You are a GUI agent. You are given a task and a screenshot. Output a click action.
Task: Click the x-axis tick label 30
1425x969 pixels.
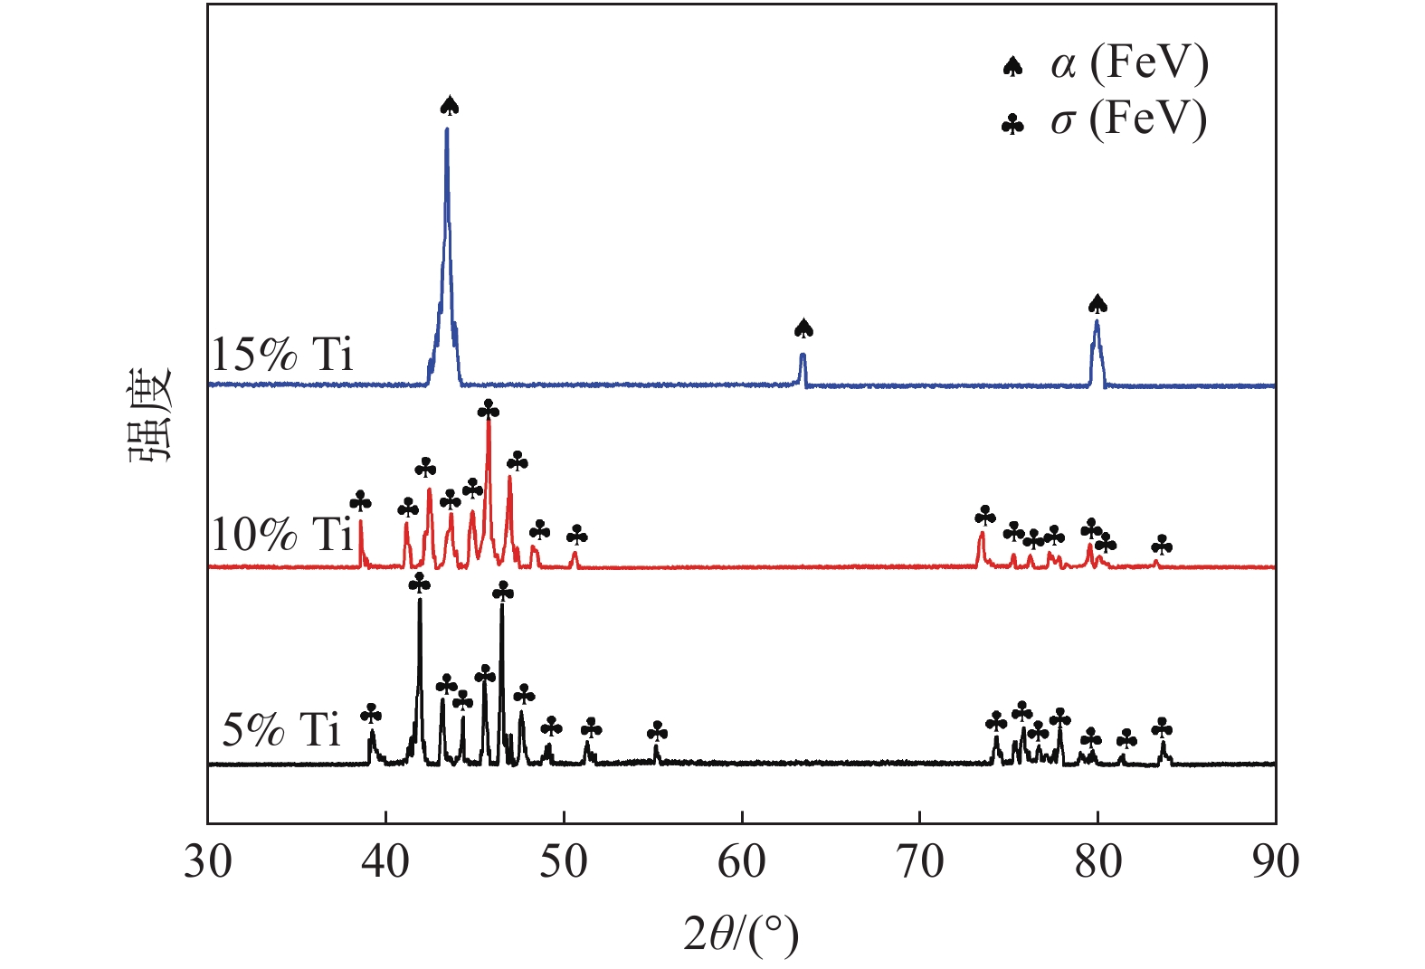click(208, 862)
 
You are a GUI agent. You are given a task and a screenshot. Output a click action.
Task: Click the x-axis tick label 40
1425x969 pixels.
click(386, 862)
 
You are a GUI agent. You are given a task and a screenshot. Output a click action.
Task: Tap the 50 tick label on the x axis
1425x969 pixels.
click(564, 862)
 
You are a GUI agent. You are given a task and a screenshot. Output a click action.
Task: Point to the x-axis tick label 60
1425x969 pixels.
click(742, 862)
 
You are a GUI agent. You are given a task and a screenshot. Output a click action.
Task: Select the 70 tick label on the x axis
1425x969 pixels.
click(919, 862)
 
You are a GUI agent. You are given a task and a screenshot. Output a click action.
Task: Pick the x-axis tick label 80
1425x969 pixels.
click(1097, 862)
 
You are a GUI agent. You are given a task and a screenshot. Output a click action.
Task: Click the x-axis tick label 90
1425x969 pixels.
click(1275, 862)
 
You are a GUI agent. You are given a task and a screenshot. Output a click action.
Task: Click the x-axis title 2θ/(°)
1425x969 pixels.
click(741, 935)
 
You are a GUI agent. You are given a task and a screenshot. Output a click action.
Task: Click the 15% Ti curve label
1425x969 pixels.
click(281, 354)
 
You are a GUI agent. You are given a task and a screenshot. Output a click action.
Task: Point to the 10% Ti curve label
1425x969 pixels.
click(281, 534)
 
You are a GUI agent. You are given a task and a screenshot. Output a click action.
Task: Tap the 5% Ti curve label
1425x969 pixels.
click(281, 729)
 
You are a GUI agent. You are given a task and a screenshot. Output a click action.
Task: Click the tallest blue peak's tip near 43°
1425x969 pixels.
click(447, 129)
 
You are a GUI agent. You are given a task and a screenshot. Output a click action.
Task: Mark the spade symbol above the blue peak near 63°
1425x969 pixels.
click(803, 328)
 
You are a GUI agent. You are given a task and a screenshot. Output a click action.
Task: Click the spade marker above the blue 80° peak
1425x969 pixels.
click(1097, 304)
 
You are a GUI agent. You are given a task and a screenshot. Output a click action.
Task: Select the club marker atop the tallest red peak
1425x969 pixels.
click(489, 411)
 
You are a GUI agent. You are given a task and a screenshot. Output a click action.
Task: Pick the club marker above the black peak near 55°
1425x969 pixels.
click(658, 731)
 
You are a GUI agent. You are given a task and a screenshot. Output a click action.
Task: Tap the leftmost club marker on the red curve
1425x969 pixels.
click(360, 500)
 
